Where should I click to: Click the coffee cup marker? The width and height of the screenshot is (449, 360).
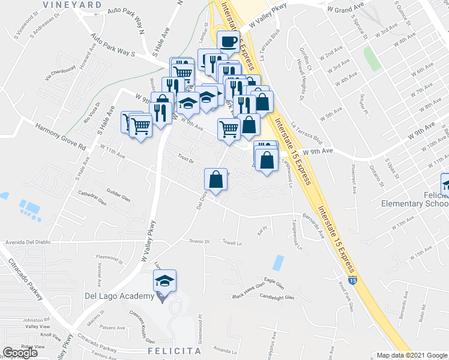(228, 42)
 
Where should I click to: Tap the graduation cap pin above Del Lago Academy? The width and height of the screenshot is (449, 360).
(164, 281)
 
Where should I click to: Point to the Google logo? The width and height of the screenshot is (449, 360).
(20, 353)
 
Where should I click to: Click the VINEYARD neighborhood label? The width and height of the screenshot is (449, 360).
(73, 4)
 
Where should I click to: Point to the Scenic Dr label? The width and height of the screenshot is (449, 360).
(197, 242)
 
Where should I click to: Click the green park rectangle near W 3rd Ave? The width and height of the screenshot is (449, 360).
(372, 59)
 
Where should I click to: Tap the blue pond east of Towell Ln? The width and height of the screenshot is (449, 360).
(278, 262)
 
